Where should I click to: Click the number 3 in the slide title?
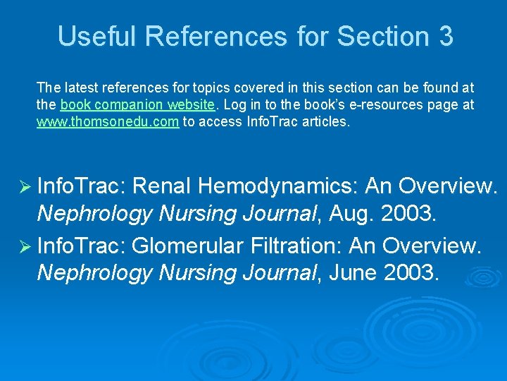point(445,36)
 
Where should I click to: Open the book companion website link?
point(137,105)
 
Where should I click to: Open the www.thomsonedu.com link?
point(108,121)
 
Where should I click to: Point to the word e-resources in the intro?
point(370,105)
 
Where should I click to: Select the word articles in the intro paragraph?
point(326,121)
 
